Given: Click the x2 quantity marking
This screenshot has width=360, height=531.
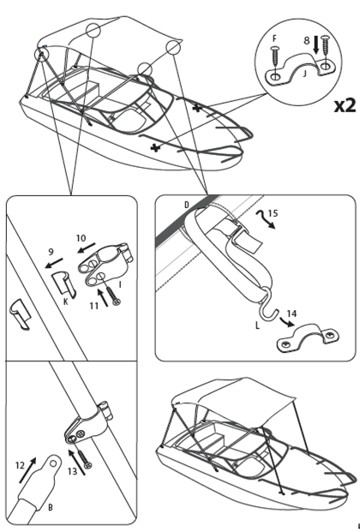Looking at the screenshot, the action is (x=345, y=105).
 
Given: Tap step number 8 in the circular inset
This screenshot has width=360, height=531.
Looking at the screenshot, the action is (x=307, y=40).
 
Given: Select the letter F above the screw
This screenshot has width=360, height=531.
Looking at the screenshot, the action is (x=274, y=39).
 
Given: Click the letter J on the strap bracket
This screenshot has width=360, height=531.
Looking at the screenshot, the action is (x=304, y=73).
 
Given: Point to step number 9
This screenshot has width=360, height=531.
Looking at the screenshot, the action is (x=51, y=252).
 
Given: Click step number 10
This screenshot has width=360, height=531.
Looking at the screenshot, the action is (x=81, y=238).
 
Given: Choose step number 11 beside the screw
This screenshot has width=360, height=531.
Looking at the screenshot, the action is (x=94, y=306).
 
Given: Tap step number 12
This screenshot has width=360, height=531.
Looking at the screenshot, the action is (x=20, y=466).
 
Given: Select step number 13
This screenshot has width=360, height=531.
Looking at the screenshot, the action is (x=72, y=471).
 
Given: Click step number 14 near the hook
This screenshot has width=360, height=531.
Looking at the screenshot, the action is (x=291, y=313).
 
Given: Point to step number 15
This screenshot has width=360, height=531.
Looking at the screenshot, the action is (x=273, y=213).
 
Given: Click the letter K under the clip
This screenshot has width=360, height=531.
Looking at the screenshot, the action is (x=66, y=301).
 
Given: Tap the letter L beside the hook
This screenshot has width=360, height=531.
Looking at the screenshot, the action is (x=257, y=325).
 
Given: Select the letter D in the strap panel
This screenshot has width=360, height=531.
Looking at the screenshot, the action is (x=187, y=205).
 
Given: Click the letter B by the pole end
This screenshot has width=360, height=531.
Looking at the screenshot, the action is (x=51, y=507).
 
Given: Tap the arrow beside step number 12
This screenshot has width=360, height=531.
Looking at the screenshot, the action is (x=27, y=470).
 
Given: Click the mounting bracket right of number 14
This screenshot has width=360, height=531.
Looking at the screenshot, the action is (x=309, y=338).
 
